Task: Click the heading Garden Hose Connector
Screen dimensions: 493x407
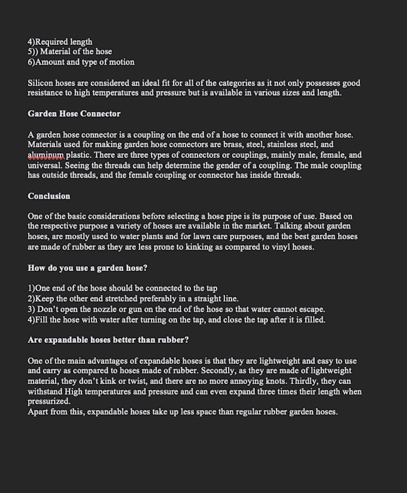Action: pos(74,114)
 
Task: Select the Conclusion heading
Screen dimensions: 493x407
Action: pos(48,196)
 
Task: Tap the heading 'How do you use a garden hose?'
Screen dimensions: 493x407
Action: pos(87,268)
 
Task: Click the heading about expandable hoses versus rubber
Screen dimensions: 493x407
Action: pos(108,340)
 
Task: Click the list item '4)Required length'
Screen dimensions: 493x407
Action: pos(60,42)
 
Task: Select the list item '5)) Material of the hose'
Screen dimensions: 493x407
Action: pos(69,51)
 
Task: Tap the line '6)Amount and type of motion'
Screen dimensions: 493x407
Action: pos(81,62)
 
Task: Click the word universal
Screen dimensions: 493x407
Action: pos(44,165)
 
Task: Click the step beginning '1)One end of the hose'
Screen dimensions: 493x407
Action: pos(122,288)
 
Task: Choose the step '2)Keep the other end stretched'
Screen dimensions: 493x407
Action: pos(133,299)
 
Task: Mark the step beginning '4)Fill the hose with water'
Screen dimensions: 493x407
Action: pos(176,319)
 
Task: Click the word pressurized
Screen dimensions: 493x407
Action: pos(48,401)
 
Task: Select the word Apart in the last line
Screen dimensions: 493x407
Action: pos(38,412)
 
